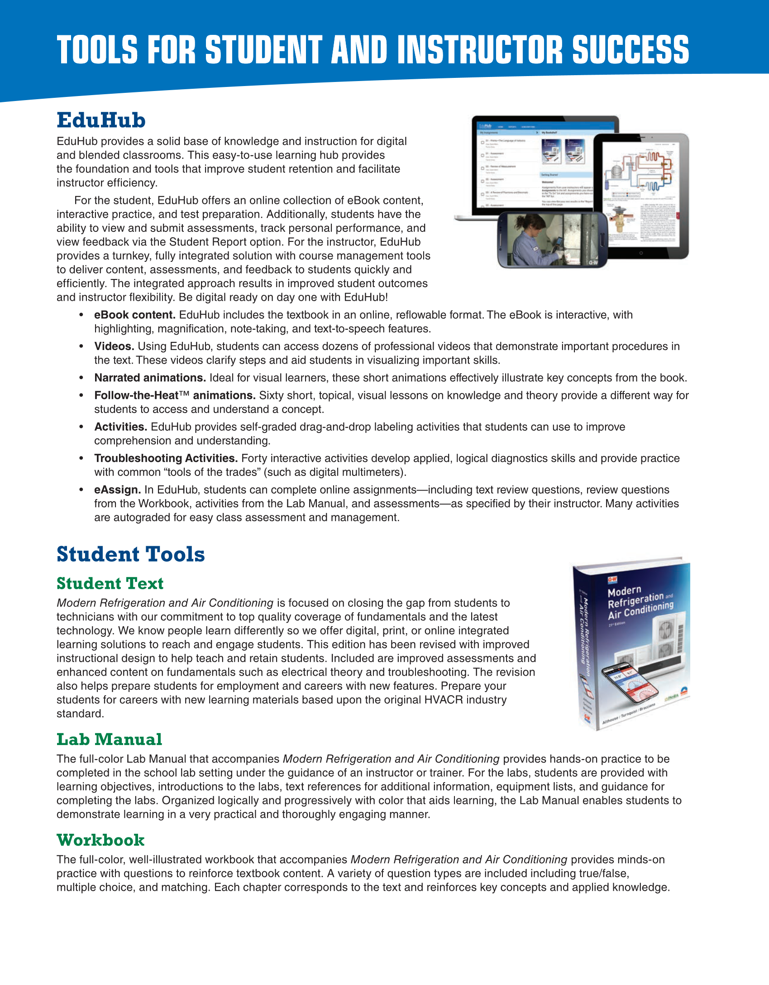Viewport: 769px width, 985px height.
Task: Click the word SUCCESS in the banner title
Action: [630, 50]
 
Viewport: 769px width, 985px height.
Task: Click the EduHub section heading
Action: [101, 120]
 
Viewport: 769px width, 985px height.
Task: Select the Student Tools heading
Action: [130, 554]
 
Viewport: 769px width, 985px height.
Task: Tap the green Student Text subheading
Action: [110, 583]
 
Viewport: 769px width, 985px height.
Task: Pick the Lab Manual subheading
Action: [109, 740]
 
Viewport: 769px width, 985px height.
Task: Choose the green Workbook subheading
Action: [100, 840]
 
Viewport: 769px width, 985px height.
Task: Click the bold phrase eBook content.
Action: [134, 315]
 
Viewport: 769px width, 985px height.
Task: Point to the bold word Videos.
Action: [114, 346]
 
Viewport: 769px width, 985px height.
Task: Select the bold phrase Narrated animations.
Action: [150, 378]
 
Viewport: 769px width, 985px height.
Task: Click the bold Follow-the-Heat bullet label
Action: [175, 395]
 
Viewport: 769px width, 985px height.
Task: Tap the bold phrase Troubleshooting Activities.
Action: [166, 458]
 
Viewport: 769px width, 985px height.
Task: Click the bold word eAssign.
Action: [117, 490]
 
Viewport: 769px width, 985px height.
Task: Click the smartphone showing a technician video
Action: [552, 240]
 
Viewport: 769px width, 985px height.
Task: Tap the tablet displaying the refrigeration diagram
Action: [641, 195]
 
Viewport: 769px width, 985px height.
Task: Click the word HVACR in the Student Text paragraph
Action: [444, 700]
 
